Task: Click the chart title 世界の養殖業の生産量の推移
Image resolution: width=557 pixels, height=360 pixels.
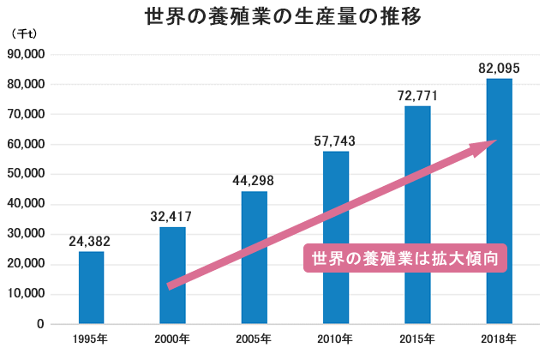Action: pyautogui.click(x=278, y=17)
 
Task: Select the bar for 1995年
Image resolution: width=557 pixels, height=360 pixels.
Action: pyautogui.click(x=91, y=287)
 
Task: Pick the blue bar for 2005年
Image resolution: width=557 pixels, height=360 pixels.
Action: pyautogui.click(x=255, y=257)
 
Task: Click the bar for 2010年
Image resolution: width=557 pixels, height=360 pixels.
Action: pyautogui.click(x=336, y=237)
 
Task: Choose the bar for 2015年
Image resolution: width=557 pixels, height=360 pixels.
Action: pyautogui.click(x=417, y=214)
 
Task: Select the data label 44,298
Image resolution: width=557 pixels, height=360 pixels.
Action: pyautogui.click(x=254, y=181)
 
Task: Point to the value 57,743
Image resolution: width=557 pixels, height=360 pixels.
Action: pyautogui.click(x=335, y=141)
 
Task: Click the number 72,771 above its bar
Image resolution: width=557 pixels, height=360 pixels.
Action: pyautogui.click(x=417, y=95)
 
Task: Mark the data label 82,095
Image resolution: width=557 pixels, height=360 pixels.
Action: pyautogui.click(x=499, y=68)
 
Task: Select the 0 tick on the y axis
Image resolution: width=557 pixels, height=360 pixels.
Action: pyautogui.click(x=40, y=324)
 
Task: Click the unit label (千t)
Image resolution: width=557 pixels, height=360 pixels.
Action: pyautogui.click(x=24, y=33)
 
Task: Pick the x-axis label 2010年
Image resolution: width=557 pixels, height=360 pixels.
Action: pyautogui.click(x=335, y=340)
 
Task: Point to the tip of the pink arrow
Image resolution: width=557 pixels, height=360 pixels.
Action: pyautogui.click(x=495, y=142)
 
